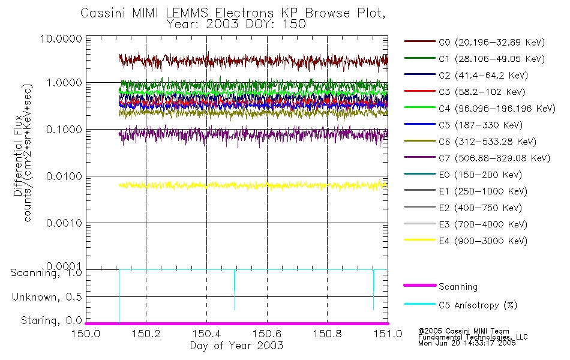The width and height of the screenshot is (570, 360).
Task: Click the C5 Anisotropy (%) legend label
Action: click(477, 305)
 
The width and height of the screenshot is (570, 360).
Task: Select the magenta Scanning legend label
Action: click(458, 287)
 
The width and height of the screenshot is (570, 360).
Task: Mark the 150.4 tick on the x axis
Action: click(206, 332)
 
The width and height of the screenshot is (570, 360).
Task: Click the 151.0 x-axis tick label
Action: click(387, 332)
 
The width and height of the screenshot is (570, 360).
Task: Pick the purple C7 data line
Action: click(252, 136)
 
